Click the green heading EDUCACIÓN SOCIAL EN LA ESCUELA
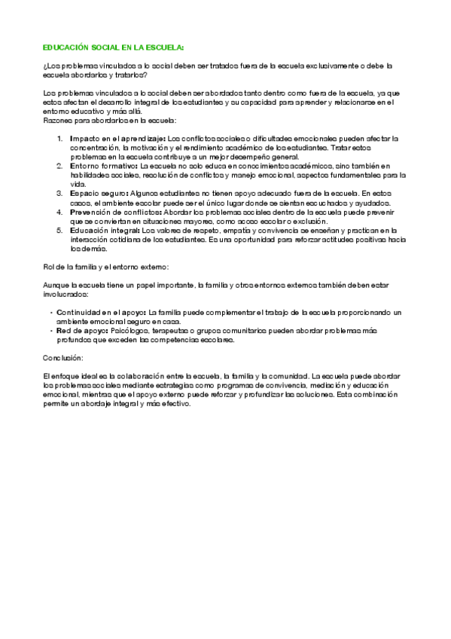[113, 47]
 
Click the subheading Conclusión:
[62, 357]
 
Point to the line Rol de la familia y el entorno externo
[105, 266]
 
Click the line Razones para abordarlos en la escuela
[109, 120]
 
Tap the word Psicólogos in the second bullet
[129, 329]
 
